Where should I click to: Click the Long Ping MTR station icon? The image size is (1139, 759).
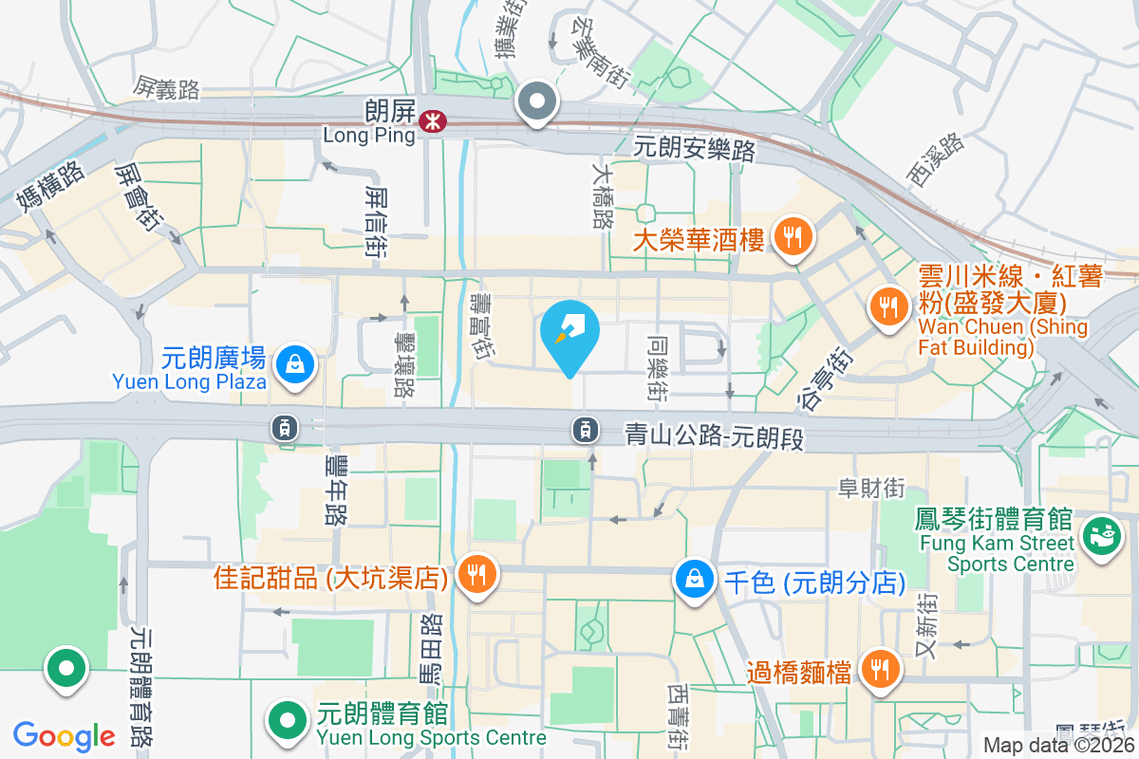435,120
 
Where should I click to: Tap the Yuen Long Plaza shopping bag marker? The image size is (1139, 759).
295,364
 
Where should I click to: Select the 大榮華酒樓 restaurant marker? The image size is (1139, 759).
794,235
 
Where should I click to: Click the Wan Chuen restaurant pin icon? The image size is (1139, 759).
888,307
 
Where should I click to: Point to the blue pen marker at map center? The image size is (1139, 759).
569,335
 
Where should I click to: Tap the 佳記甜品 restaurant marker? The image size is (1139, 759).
476,575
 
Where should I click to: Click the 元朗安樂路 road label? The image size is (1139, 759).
694,149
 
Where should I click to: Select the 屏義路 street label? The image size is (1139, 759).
167,89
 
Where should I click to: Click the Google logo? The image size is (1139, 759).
64,735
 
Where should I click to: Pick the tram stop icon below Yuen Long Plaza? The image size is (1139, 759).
285,429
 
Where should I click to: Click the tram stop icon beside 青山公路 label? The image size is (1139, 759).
586,430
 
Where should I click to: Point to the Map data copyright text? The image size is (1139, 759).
1059,745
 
